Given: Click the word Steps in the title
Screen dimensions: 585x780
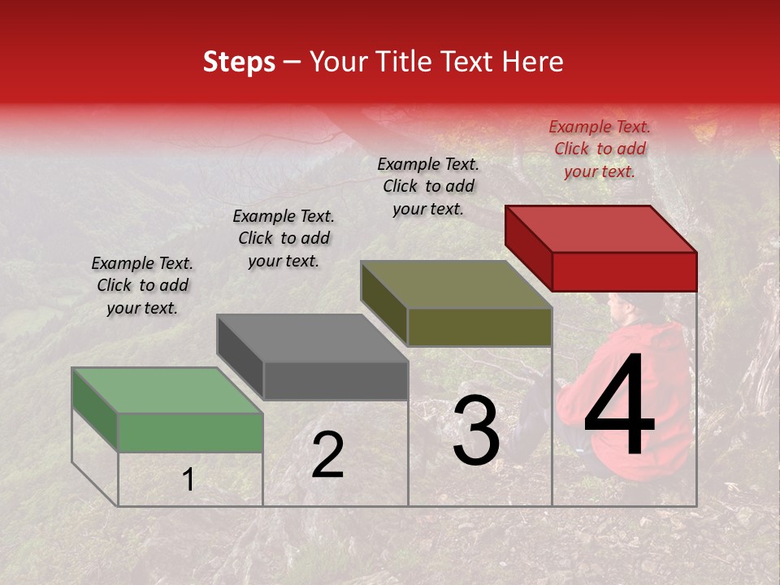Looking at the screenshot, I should tap(239, 62).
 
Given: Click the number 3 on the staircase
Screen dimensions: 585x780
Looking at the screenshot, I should tap(476, 431).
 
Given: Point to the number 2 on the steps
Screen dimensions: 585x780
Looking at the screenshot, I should tap(327, 456).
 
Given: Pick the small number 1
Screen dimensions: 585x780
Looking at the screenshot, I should tap(188, 480).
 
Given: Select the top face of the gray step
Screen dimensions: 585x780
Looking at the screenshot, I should tap(312, 338).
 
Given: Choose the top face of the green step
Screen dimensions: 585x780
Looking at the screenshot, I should tap(167, 391).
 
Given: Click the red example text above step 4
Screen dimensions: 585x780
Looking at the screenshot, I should tap(600, 149).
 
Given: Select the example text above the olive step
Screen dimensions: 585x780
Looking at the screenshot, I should tap(428, 186).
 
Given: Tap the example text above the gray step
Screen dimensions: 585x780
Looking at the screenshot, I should tap(284, 238).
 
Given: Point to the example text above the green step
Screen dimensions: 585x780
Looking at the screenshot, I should tap(142, 285).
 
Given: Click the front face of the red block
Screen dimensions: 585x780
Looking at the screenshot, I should tap(624, 271).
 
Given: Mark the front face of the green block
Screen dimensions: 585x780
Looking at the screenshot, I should tap(190, 432).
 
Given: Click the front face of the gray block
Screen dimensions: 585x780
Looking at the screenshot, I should tap(335, 380).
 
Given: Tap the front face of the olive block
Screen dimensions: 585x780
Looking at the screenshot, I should tap(479, 327).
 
